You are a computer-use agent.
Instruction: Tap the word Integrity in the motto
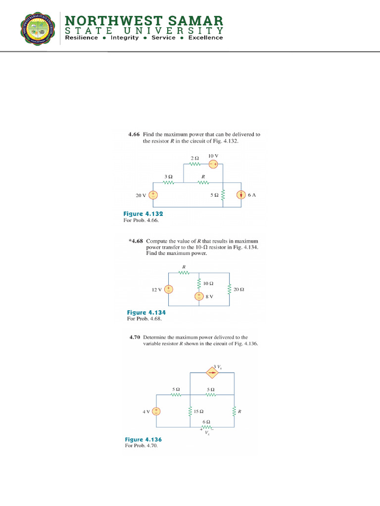125,38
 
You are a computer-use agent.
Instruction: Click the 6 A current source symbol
241,195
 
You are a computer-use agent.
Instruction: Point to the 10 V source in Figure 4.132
213,165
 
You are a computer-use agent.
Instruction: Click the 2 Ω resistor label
194,158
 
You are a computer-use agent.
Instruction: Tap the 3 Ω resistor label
168,176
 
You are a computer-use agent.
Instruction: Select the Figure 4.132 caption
143,214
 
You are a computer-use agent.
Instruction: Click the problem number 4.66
135,134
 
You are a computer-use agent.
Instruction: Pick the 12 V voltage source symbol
169,289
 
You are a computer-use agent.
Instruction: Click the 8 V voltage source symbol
198,296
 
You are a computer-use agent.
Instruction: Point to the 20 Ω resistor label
238,289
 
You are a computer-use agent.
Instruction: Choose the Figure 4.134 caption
146,312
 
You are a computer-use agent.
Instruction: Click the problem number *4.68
136,241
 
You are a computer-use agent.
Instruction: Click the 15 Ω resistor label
199,411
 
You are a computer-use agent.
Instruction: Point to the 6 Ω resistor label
207,422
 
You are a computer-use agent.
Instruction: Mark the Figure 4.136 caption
143,439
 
